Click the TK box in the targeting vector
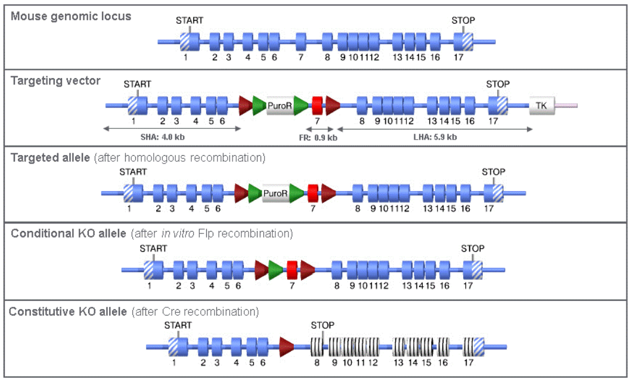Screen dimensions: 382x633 pos(541,106)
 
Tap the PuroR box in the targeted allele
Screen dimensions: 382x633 pos(275,193)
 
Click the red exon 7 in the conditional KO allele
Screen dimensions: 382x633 pos(292,269)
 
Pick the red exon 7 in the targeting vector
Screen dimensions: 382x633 pos(317,106)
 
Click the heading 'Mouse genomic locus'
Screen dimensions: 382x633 pos(71,16)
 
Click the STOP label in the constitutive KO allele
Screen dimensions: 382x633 pos(322,325)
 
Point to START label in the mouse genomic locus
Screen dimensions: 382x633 pos(190,20)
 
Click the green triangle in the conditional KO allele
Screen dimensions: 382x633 pos(276,269)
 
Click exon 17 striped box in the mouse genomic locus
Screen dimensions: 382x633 pos(463,42)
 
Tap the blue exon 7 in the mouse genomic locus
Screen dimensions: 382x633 pos(301,42)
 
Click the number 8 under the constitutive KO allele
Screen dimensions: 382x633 pos(316,362)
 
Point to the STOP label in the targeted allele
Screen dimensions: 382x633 pos(494,172)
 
